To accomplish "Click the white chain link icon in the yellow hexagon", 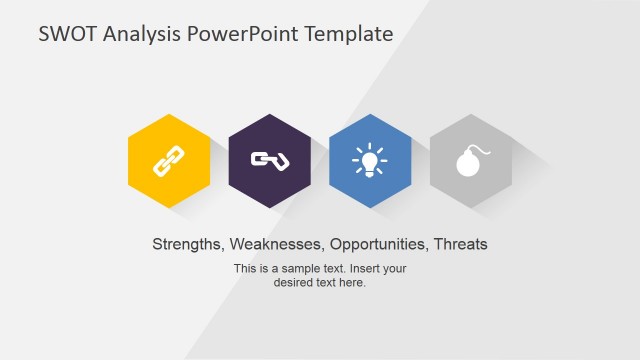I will coord(169,160).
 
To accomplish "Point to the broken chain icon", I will coord(269,160).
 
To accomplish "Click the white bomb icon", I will coord(469,161).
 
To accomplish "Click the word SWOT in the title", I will coord(67,34).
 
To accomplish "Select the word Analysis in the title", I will coord(140,34).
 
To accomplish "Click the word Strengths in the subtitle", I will coord(187,244).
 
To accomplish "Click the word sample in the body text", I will coord(301,268).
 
